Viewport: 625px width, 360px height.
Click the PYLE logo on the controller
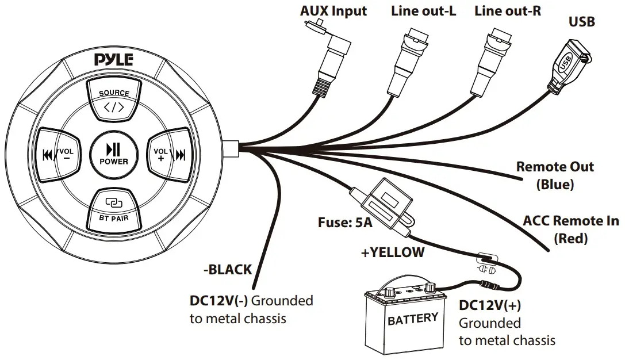coord(114,59)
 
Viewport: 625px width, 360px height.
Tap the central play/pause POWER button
coord(114,155)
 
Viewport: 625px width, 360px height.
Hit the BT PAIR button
coord(114,208)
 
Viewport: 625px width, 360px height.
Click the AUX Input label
coord(333,11)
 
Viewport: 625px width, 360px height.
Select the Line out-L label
coord(424,11)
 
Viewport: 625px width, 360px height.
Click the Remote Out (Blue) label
coord(555,175)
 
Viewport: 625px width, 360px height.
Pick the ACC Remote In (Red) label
coord(570,228)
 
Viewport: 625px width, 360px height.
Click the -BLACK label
coord(228,269)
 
